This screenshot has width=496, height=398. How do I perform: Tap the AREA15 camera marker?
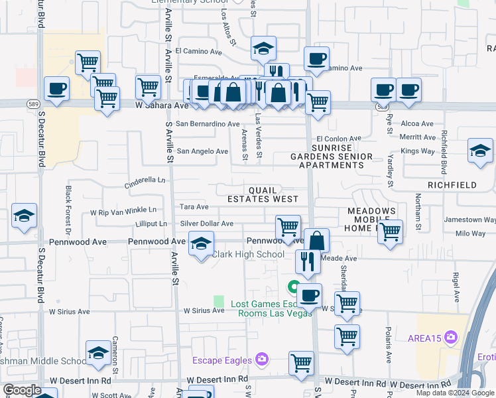pos(452,338)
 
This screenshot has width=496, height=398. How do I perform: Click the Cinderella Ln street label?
pos(146,180)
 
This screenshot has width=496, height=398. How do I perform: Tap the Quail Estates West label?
pos(263,194)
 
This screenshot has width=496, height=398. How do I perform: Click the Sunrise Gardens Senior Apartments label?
pos(332,156)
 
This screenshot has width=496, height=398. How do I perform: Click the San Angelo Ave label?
pos(202,151)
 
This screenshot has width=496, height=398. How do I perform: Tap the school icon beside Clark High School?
pos(202,244)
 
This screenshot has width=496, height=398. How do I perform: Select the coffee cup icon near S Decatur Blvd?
pos(56,89)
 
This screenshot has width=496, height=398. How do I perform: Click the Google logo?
pos(21,390)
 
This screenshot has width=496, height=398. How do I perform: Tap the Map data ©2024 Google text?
pos(454,393)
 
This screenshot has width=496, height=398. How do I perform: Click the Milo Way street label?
pos(471,233)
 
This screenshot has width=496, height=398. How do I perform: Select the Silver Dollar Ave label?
pos(207,224)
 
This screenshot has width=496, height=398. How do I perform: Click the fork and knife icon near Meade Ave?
pos(308,261)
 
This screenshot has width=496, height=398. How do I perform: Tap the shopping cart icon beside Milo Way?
pos(390,232)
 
